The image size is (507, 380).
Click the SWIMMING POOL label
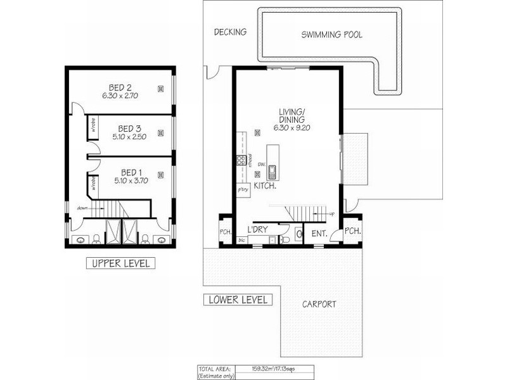point(331,35)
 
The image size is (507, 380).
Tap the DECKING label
point(229,32)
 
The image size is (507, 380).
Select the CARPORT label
point(319,304)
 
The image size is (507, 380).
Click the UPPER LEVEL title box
point(120,263)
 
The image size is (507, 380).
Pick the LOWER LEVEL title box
point(238,300)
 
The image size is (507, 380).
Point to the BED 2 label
point(120,87)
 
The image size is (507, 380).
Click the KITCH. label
point(265,186)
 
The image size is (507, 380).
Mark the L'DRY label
point(257,229)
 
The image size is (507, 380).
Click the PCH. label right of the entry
point(352,231)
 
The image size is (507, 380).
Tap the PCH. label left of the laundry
point(224,232)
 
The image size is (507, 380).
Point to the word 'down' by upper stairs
point(82,208)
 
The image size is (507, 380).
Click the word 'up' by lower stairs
point(331,214)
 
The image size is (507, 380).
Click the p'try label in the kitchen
point(242,189)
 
